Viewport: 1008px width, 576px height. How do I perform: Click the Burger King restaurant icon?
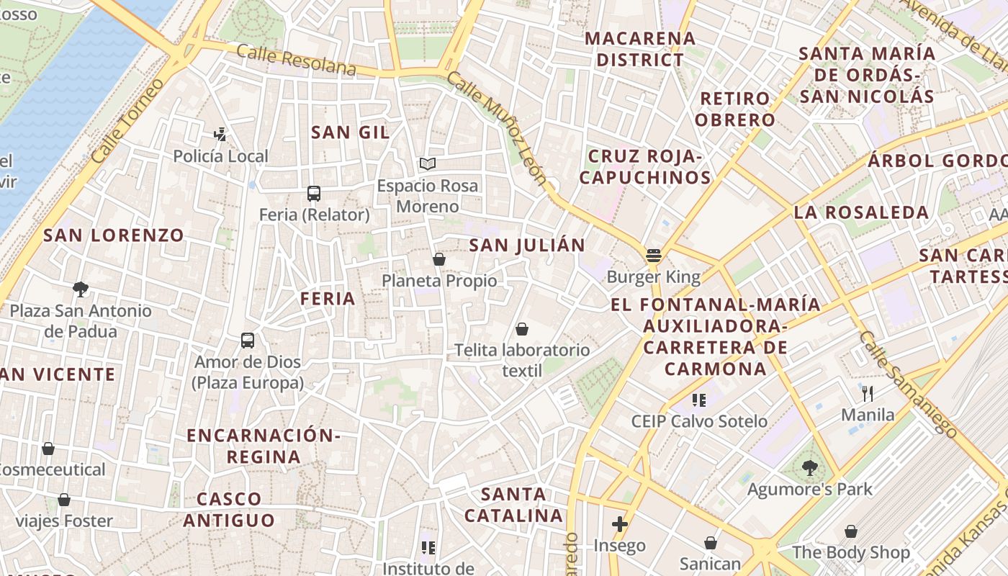click(x=654, y=255)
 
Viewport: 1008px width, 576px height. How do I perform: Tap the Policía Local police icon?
click(x=220, y=134)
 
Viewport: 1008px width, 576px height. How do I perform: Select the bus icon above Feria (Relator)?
click(x=314, y=193)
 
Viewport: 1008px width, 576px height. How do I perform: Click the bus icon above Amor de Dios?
click(x=248, y=340)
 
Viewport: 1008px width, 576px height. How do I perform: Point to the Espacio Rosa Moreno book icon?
click(x=428, y=164)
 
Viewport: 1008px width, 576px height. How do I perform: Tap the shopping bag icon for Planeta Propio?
click(x=439, y=259)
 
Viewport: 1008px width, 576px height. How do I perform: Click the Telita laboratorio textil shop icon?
click(x=522, y=329)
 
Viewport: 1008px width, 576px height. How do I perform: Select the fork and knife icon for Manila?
click(x=868, y=393)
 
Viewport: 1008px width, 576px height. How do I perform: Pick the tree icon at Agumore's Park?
click(x=810, y=468)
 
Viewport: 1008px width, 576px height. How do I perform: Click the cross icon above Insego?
click(x=619, y=524)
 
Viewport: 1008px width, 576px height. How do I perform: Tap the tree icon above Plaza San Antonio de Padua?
click(x=81, y=289)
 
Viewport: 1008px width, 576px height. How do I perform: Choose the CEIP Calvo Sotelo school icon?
click(x=699, y=400)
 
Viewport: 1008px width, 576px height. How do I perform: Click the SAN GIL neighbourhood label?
click(x=350, y=132)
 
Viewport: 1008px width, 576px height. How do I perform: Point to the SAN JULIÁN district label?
click(x=527, y=245)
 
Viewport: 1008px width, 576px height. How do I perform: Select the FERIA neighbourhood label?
click(x=328, y=298)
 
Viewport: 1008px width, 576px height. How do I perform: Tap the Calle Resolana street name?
click(x=296, y=60)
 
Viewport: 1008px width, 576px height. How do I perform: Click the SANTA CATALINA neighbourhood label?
click(x=513, y=505)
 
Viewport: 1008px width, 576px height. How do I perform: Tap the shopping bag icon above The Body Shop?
click(x=851, y=531)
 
